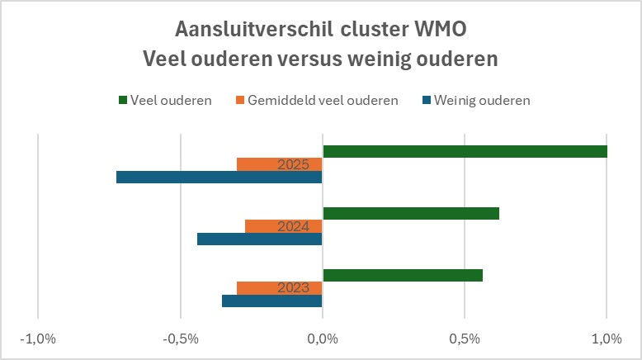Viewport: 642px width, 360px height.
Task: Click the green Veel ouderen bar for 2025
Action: [x=465, y=152]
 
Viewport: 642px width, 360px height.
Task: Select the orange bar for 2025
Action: [x=279, y=164]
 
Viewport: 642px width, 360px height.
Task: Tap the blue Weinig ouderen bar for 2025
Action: [x=219, y=177]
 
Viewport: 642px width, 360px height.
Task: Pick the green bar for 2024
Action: [x=411, y=213]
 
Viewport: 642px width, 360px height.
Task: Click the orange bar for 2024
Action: [x=283, y=226]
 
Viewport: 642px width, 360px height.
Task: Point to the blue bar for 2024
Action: [x=260, y=239]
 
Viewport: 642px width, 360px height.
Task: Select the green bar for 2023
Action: [x=403, y=275]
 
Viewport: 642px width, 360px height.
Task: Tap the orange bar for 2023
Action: [x=279, y=288]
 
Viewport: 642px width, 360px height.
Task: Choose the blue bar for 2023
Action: [x=271, y=301]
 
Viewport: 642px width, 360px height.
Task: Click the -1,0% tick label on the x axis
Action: [x=38, y=339]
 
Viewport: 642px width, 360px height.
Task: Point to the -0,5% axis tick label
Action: [x=181, y=339]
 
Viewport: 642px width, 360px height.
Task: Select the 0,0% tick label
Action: [x=323, y=339]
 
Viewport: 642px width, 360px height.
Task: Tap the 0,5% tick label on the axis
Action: [x=465, y=339]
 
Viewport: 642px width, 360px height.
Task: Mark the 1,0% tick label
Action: [x=607, y=339]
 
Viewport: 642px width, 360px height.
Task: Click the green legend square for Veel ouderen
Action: [x=123, y=101]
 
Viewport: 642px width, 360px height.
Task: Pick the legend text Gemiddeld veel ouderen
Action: [x=323, y=101]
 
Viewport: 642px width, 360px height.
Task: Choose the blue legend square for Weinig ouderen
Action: [x=427, y=101]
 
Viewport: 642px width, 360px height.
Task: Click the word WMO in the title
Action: [x=440, y=29]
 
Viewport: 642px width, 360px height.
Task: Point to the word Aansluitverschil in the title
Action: [x=254, y=29]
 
